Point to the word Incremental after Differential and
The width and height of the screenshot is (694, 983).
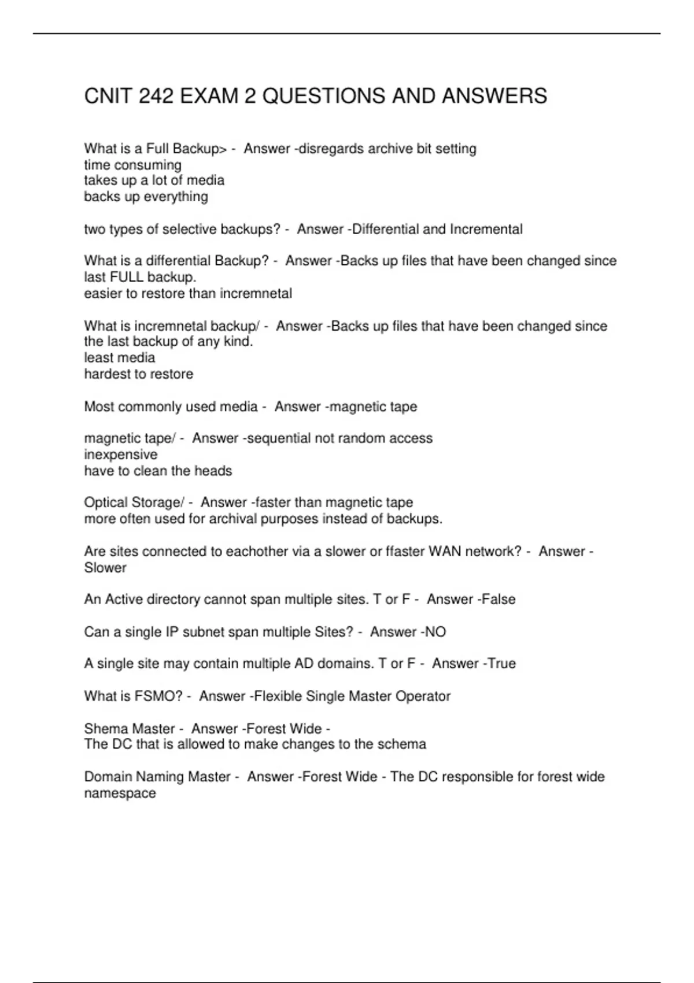click(x=486, y=229)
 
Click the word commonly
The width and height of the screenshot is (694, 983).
click(x=149, y=406)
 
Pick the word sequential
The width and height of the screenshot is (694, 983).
click(x=279, y=438)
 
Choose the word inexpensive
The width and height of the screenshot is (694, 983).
click(x=120, y=454)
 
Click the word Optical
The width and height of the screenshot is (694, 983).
click(x=106, y=502)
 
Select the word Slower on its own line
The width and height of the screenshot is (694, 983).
click(x=105, y=567)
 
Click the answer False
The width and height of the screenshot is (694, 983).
click(x=499, y=599)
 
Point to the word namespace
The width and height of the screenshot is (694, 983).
click(x=120, y=793)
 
